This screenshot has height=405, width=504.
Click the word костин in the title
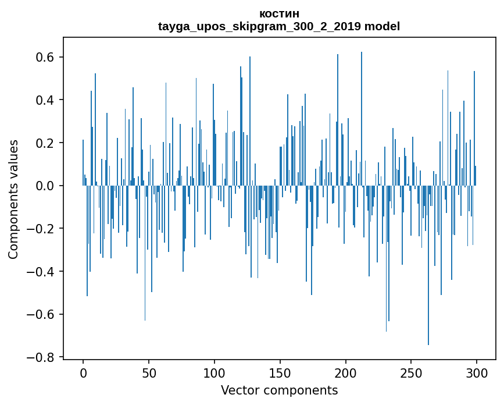(279, 13)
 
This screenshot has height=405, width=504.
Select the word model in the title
(382, 26)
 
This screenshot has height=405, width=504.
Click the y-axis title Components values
(13, 199)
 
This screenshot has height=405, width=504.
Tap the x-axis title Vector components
(279, 390)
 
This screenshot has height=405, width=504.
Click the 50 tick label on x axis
(149, 372)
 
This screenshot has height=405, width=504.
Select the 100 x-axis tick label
(215, 372)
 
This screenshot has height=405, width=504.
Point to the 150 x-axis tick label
(280, 372)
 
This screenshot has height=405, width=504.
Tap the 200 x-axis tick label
(346, 372)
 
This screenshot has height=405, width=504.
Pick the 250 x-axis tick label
(411, 372)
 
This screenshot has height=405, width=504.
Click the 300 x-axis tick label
(477, 372)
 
